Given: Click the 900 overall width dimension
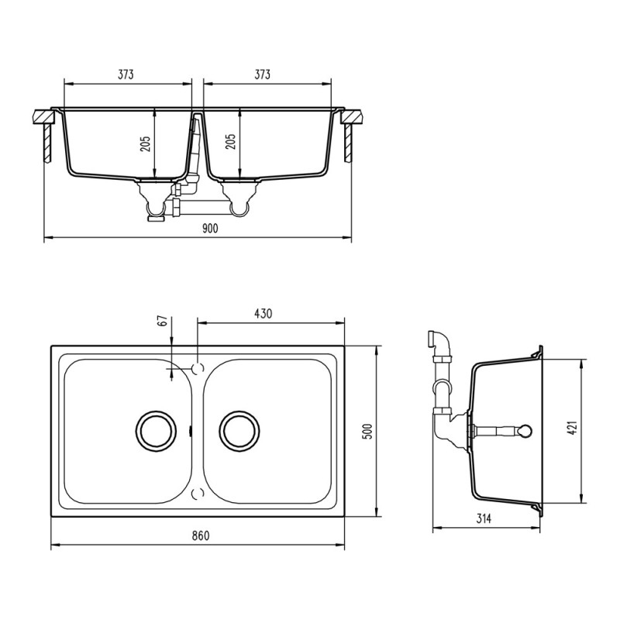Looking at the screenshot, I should [x=209, y=229].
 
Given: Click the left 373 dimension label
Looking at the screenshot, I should [x=126, y=75].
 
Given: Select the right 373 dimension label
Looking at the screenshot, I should [x=262, y=75].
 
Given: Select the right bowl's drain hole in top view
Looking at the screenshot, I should [x=239, y=429].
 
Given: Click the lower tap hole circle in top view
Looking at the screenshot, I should [x=197, y=493].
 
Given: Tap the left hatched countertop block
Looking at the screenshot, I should [x=43, y=119].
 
